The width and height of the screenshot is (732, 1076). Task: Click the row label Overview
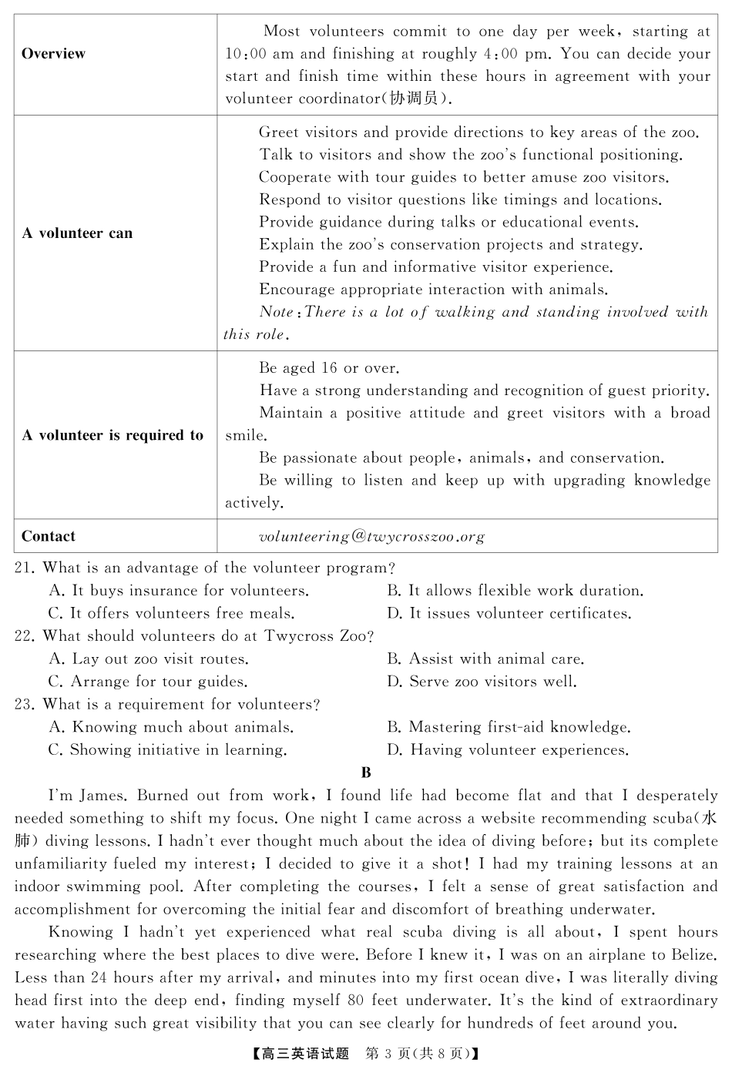coord(53,54)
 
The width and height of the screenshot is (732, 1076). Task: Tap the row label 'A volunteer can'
coord(77,233)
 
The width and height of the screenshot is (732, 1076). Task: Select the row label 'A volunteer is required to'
coord(112,435)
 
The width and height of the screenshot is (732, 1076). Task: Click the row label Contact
coord(49,536)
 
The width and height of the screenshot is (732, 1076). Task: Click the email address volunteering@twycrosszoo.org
coord(371,536)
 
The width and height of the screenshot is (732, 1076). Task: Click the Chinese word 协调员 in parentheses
coord(414,99)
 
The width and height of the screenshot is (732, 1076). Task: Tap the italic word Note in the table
coord(276,312)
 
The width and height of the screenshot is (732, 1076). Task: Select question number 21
coord(24,568)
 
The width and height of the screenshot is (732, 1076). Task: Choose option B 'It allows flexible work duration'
coord(515,591)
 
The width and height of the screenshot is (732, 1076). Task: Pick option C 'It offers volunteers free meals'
coord(171,614)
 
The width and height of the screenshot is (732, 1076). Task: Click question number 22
coord(24,636)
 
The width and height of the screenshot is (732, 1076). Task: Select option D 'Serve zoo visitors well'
coord(482,682)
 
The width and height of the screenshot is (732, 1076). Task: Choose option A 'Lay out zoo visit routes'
coord(149,659)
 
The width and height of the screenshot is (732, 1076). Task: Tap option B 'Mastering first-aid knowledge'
coord(509,727)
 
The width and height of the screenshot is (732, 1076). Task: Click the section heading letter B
coord(366,773)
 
